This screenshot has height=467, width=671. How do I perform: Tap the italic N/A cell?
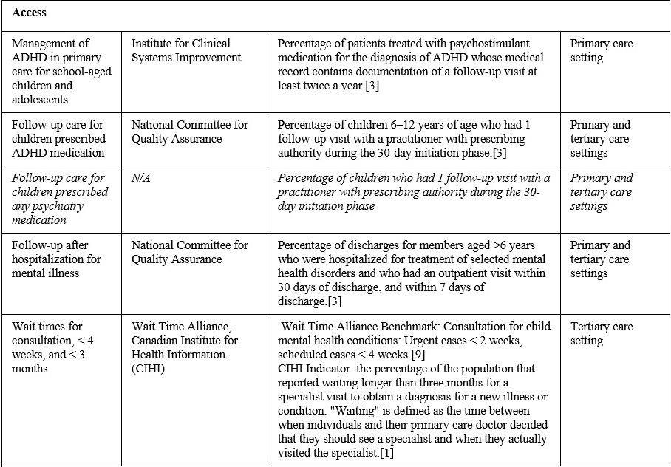(141, 178)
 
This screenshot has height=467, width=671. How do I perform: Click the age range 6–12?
(404, 125)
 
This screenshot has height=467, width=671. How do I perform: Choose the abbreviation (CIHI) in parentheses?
(148, 369)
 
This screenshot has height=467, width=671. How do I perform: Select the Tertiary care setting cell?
(602, 333)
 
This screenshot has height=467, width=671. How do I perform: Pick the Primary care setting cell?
(602, 50)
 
